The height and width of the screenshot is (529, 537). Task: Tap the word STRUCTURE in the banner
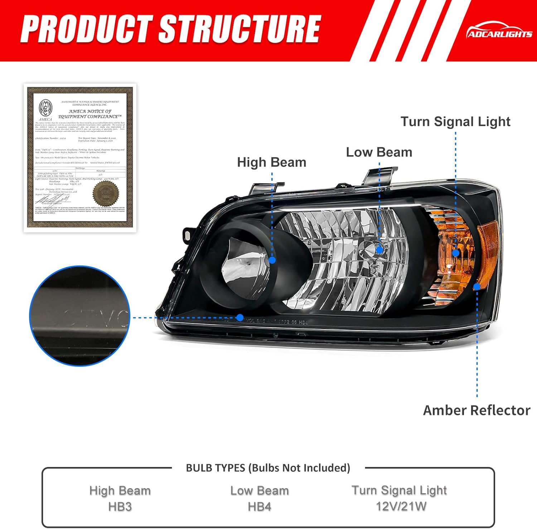(x=239, y=29)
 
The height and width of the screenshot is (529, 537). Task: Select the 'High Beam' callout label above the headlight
(x=271, y=162)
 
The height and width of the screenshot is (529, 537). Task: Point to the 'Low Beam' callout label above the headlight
(x=379, y=152)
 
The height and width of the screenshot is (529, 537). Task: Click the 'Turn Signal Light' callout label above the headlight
(x=455, y=121)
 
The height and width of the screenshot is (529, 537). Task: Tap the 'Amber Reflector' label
(x=476, y=410)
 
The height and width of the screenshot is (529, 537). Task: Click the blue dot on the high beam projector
(x=272, y=260)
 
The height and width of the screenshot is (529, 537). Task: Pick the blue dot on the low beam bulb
(x=379, y=249)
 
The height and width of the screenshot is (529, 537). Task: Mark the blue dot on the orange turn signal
(x=456, y=253)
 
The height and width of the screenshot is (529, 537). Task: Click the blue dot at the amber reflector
(x=477, y=287)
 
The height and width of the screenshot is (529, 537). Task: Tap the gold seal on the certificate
(x=105, y=194)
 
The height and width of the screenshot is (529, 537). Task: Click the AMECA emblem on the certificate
(x=45, y=108)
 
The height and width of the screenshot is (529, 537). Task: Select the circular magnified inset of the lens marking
(x=79, y=316)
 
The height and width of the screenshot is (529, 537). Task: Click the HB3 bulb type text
(x=120, y=507)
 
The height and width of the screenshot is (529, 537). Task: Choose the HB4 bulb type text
(x=260, y=507)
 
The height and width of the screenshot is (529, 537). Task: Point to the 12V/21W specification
(x=401, y=506)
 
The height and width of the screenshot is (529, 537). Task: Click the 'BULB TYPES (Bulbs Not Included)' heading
(x=268, y=468)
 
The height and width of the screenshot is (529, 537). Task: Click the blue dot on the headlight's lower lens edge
(x=240, y=318)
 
